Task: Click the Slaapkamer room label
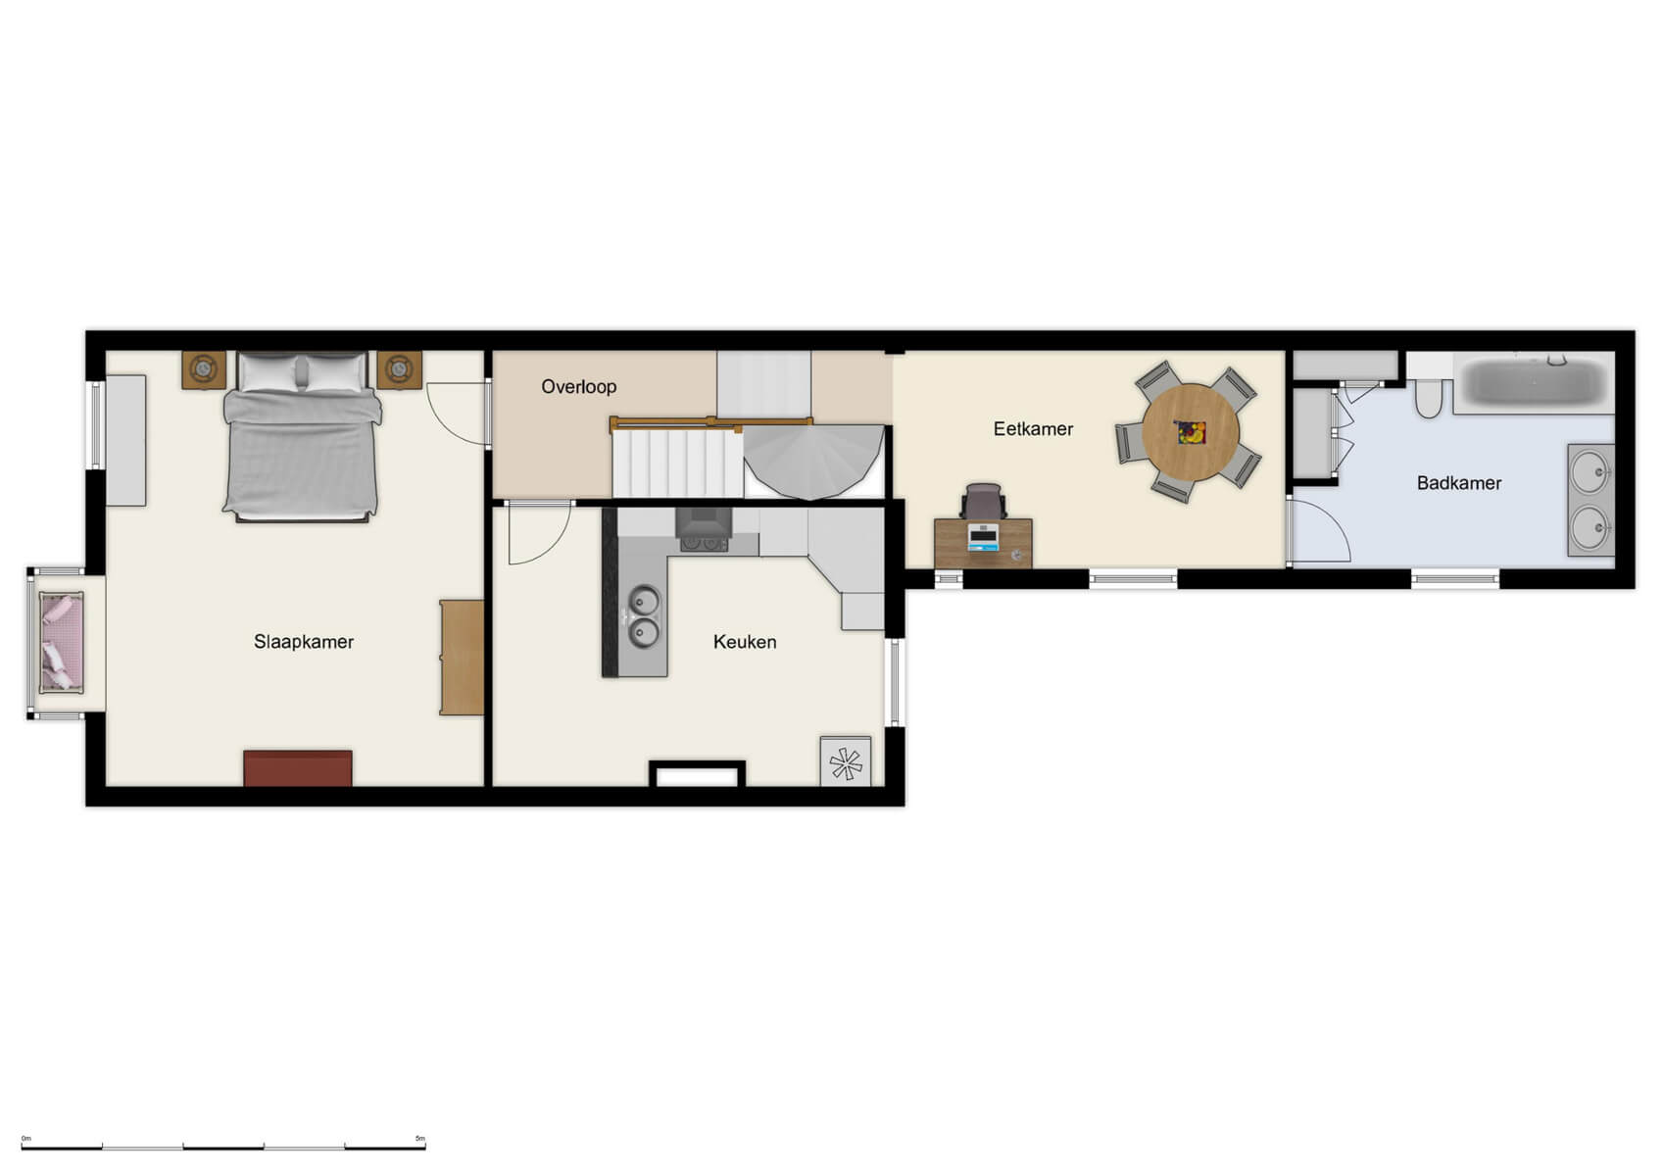pos(304,642)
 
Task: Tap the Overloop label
pos(579,387)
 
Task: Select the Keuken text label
pos(745,642)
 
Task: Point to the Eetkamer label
pos(1033,429)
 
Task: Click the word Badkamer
pos(1458,483)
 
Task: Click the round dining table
pos(1191,432)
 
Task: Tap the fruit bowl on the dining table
pos(1191,432)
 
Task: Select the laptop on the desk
pos(983,537)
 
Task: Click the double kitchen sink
pos(644,616)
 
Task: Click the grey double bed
pos(301,436)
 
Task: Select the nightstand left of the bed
pos(204,369)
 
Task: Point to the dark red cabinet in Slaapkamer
pos(298,767)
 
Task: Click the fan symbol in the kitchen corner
pos(845,762)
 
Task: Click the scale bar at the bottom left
pos(223,1146)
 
